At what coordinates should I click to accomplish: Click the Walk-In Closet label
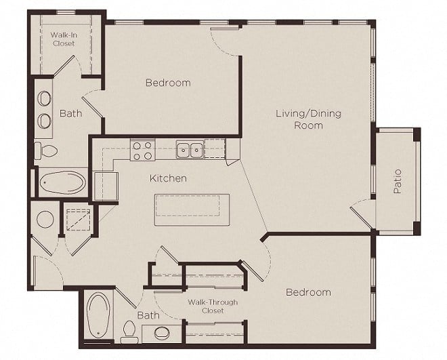(x=64, y=39)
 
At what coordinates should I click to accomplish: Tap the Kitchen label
(x=168, y=178)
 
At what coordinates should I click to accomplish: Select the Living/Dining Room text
(x=308, y=119)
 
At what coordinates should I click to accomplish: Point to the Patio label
(x=398, y=182)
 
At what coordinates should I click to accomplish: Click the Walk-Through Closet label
(x=213, y=306)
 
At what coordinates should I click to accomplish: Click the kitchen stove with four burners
(x=142, y=151)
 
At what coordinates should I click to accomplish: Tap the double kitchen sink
(x=190, y=149)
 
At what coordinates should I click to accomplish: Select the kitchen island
(x=192, y=209)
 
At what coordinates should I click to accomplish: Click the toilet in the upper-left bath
(x=46, y=151)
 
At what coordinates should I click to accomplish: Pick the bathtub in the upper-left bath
(x=62, y=182)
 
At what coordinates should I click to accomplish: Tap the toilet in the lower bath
(x=129, y=332)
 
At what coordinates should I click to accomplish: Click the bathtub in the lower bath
(x=98, y=315)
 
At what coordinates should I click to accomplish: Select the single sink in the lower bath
(x=163, y=333)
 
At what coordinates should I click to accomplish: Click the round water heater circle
(x=45, y=219)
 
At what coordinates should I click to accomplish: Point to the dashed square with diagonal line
(x=79, y=220)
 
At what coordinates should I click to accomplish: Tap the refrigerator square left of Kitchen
(x=106, y=186)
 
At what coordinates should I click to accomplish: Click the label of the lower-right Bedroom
(x=308, y=292)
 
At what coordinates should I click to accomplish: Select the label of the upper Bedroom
(x=168, y=83)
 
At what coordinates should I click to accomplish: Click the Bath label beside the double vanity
(x=70, y=113)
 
